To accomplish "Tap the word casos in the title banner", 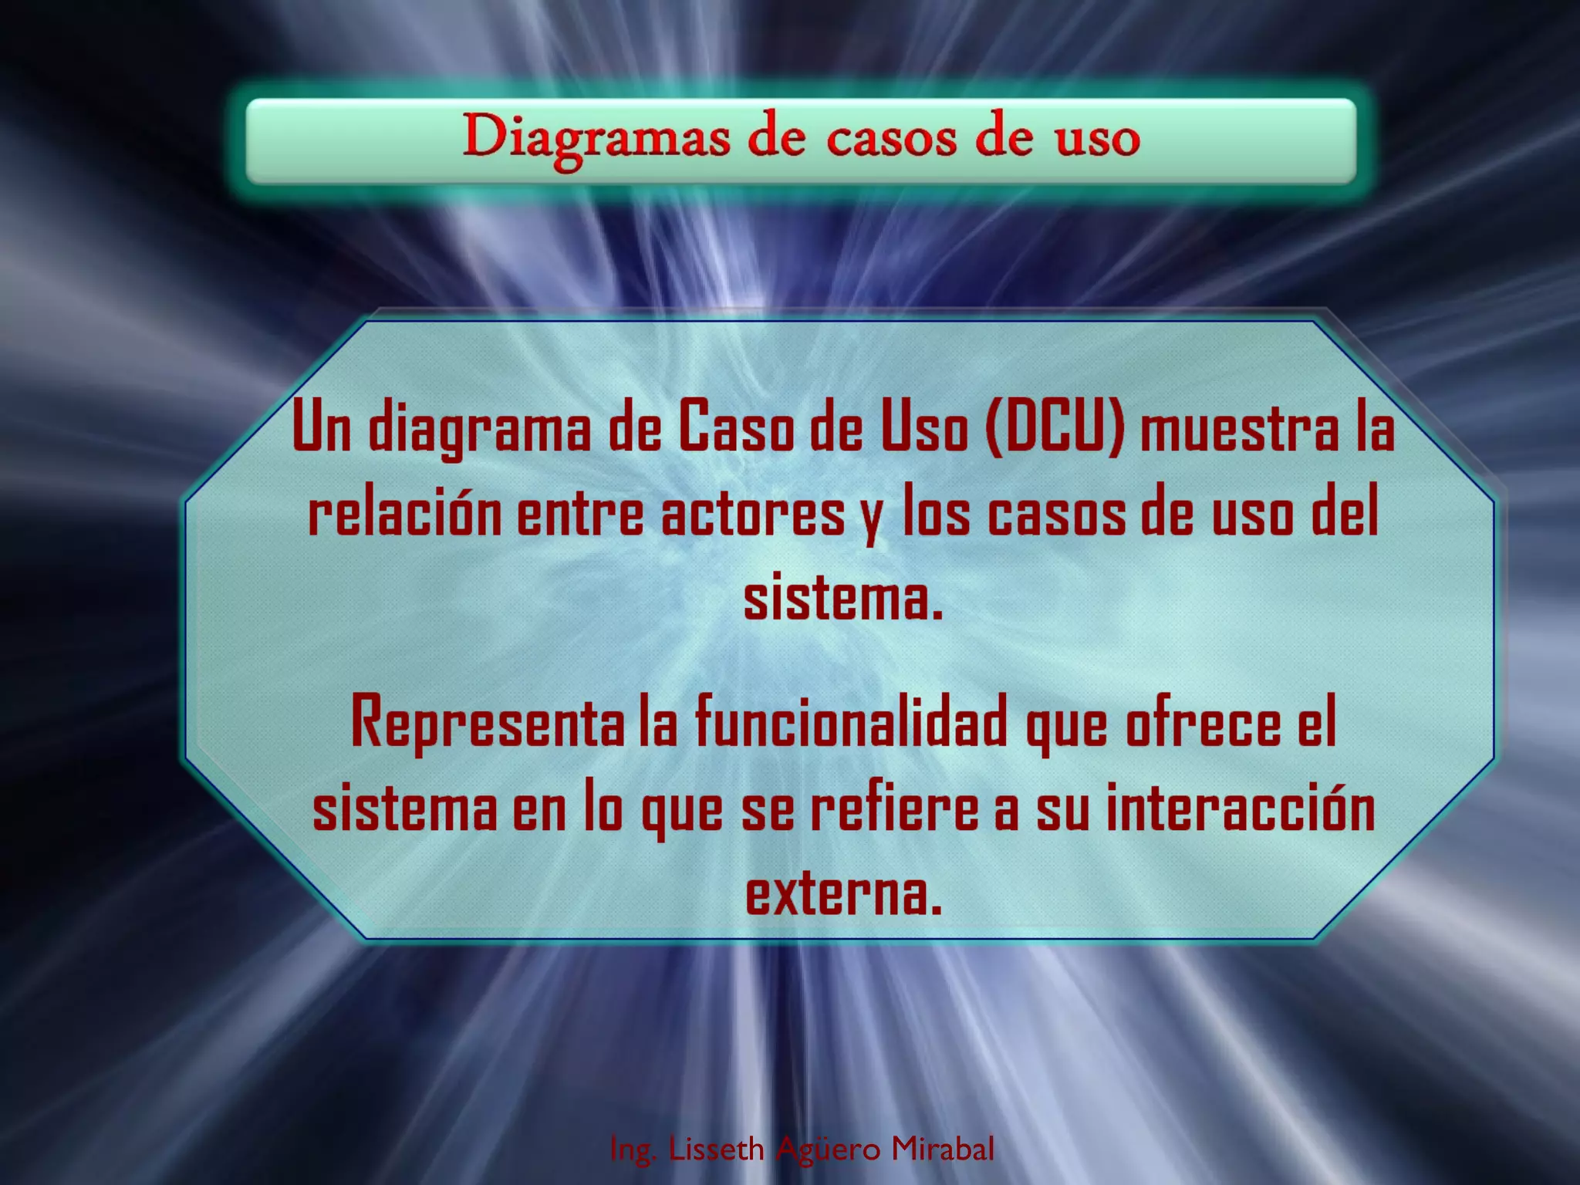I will coord(891,140).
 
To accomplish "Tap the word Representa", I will coord(488,723).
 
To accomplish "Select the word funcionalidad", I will coord(851,723).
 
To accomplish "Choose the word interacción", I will coord(1241,808).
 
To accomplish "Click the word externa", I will coord(843,893).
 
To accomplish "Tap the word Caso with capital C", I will coord(736,428).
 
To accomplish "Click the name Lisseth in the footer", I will coord(716,1149).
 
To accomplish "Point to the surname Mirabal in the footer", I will coord(943,1149).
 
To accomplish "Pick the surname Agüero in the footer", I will coord(828,1149).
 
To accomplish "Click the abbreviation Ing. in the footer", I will coord(633,1150).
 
